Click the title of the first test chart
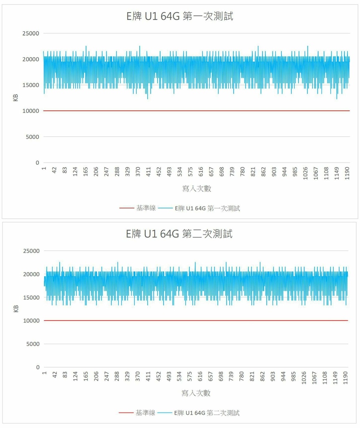pos(180,16)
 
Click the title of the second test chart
pos(180,234)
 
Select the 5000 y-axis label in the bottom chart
pos(32,344)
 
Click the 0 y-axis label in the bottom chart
pos(37,367)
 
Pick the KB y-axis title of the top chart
pos(16,98)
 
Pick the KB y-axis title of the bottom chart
pos(16,309)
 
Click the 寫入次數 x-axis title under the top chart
pos(197,189)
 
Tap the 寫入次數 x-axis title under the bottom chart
pos(196,393)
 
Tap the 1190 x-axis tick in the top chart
pos(347,172)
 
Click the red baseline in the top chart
pos(197,111)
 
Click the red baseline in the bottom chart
pos(197,321)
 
